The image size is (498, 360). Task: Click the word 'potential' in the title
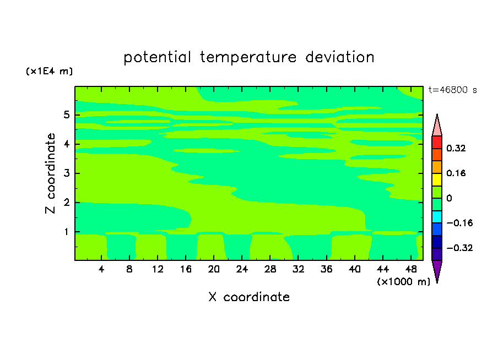[158, 57]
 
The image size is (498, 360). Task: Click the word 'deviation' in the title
[340, 57]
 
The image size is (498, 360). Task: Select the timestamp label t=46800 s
[453, 90]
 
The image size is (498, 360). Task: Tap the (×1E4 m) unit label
[49, 71]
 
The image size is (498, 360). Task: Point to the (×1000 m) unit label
[403, 282]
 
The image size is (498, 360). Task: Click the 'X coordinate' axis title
[249, 297]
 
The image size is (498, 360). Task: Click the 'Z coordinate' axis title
[50, 173]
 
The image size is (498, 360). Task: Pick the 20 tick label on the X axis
[214, 269]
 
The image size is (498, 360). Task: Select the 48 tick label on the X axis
[411, 269]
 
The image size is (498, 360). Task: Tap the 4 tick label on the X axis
[101, 269]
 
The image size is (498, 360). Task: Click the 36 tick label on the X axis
[327, 269]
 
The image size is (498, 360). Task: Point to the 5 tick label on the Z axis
[66, 114]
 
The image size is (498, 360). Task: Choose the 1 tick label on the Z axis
[66, 232]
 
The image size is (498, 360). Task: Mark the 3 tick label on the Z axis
[66, 173]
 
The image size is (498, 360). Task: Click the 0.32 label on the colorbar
[456, 148]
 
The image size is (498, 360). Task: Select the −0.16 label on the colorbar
[459, 223]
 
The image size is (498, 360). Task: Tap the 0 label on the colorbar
[449, 198]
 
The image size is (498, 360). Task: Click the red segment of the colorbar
[437, 142]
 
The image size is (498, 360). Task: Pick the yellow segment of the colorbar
[437, 179]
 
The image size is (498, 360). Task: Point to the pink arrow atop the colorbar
[437, 127]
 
